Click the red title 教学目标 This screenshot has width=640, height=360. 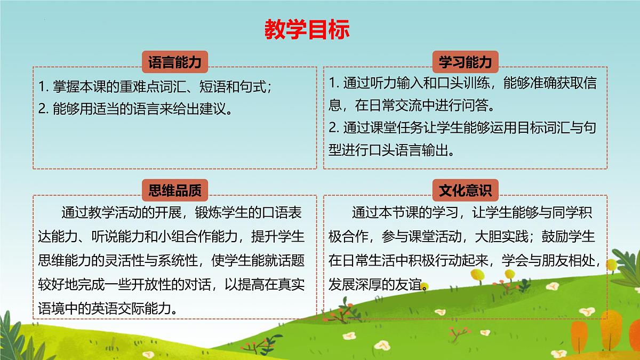click(307, 30)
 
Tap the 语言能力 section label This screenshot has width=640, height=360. click(174, 62)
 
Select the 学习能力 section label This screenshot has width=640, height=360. click(465, 62)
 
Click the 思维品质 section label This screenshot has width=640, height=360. click(174, 190)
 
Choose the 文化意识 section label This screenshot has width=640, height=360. click(465, 190)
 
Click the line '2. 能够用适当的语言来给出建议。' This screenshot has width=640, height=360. click(136, 109)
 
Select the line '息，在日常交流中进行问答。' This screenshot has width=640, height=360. click(416, 106)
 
